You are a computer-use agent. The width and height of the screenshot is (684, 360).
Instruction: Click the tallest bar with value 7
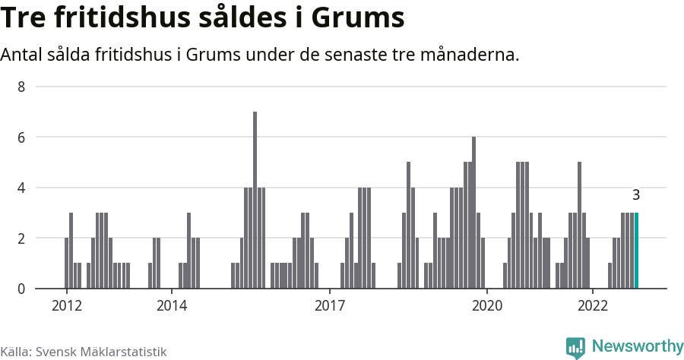pos(255,200)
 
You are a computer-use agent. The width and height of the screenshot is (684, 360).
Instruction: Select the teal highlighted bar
pos(636,251)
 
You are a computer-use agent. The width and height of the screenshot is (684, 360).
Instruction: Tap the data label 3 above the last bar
pos(636,195)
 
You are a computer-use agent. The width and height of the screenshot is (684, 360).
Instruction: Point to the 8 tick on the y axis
pos(21,87)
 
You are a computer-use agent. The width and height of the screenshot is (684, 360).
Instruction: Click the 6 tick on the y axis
pos(21,137)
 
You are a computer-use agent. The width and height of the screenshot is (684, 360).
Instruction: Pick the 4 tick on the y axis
pos(21,188)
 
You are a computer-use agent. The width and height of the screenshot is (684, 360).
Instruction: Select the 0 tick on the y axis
pos(21,289)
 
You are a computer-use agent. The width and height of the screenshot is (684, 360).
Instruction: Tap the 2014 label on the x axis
pos(172,305)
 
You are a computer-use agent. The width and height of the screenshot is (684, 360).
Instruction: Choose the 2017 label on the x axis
pos(330,305)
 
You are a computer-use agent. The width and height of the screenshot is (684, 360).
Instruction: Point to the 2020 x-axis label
pos(487,305)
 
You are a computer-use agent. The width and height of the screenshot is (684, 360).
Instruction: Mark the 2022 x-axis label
pos(593,305)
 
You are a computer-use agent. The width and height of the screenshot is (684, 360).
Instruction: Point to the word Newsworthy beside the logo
pos(637,346)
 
